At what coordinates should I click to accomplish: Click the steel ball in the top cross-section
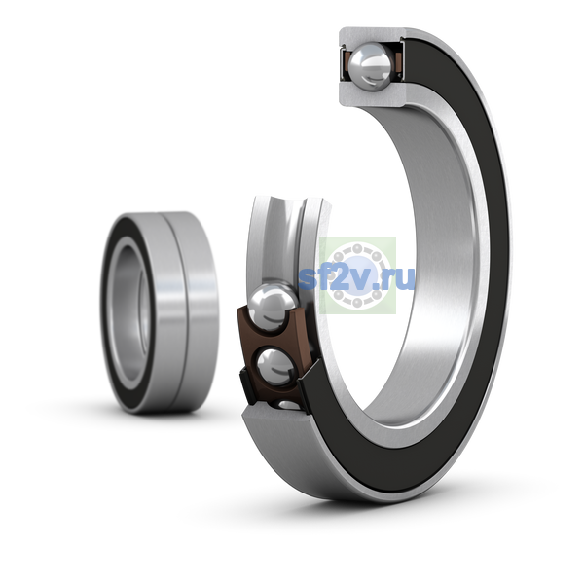(370, 66)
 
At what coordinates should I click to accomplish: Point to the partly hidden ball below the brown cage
(290, 405)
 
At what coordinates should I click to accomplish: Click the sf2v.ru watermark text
(356, 277)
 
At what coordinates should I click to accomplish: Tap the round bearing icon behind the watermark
(357, 275)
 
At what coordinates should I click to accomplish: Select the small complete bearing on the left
(160, 312)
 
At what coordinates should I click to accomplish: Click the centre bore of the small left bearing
(131, 312)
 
